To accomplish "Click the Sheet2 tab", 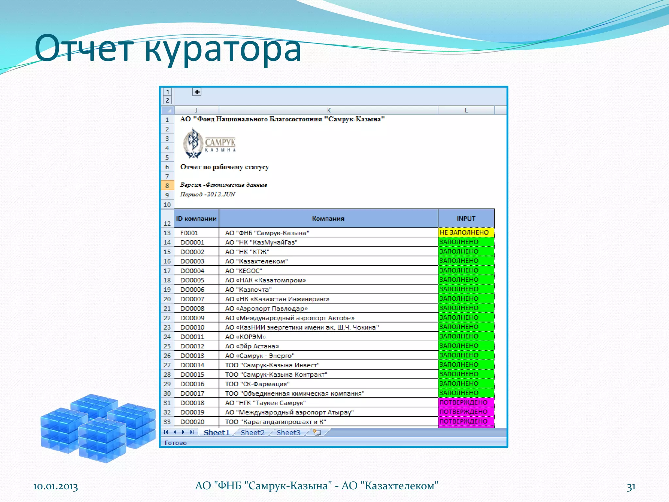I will tap(253, 432).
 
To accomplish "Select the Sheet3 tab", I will tap(288, 432).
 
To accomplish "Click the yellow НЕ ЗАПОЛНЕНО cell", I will tap(466, 232).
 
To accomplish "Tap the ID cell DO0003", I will tap(192, 261).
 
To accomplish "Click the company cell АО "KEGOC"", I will tap(244, 271).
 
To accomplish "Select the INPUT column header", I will tap(466, 218).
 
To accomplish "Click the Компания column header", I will tap(328, 218).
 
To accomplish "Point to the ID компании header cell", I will tap(196, 218).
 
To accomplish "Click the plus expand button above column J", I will tap(197, 92).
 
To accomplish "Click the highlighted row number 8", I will tap(167, 186).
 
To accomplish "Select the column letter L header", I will tap(466, 110).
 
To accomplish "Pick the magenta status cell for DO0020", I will tap(466, 421).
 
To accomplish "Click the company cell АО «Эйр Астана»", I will tap(252, 346).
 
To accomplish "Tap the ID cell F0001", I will tap(189, 233).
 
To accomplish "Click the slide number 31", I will tap(631, 487).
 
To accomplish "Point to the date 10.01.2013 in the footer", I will tap(56, 487).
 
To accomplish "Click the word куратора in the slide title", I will tap(222, 49).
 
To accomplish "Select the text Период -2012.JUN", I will tap(208, 194).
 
